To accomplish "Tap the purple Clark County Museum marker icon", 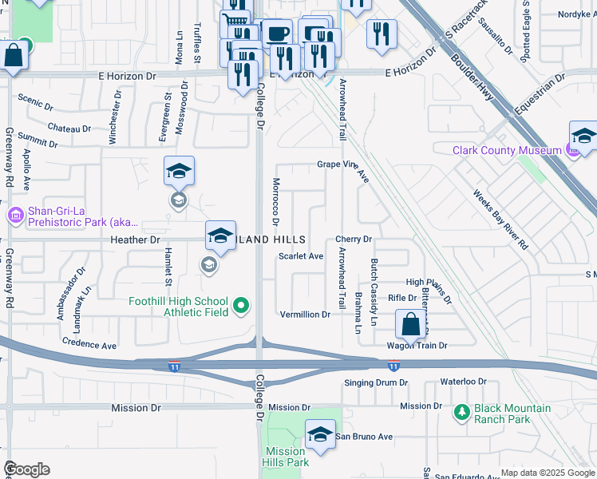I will click(x=571, y=149).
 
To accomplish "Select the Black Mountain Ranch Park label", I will click(x=512, y=414).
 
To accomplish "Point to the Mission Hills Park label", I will click(x=287, y=457).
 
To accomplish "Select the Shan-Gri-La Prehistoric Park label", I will click(x=72, y=216).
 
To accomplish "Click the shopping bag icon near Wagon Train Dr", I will click(x=410, y=325).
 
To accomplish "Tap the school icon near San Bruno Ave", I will click(x=320, y=434).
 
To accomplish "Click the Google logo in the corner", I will click(x=26, y=469).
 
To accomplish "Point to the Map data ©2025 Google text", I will click(x=547, y=473).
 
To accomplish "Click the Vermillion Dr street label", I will click(x=305, y=315).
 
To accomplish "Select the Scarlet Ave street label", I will click(x=301, y=256).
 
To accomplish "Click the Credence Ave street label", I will click(x=89, y=345).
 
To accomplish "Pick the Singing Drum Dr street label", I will click(x=376, y=383).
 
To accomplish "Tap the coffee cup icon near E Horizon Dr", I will click(x=277, y=34).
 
